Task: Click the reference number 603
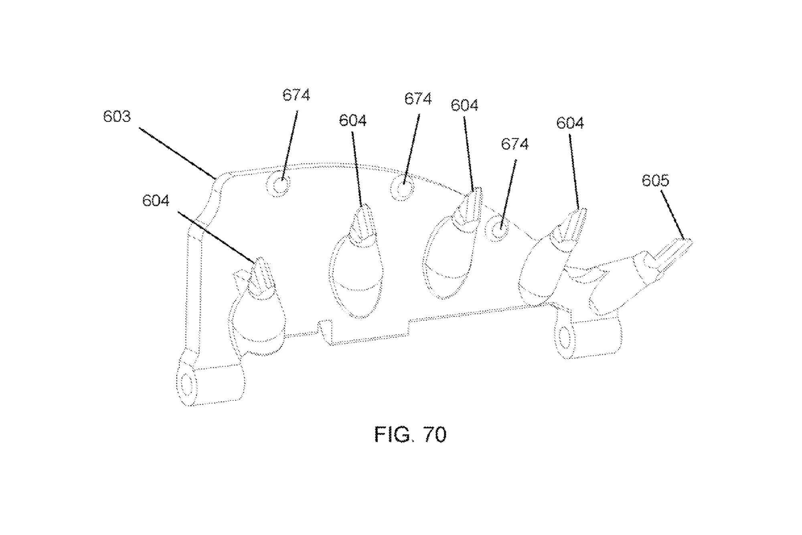pos(117,117)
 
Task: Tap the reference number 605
pos(655,180)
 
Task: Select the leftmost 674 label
pos(296,95)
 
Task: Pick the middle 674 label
pos(418,99)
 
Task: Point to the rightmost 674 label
pos(515,144)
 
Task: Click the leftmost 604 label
pos(156,201)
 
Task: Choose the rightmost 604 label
pos(570,123)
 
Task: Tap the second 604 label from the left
pos(352,121)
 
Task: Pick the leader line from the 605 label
pos(672,215)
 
